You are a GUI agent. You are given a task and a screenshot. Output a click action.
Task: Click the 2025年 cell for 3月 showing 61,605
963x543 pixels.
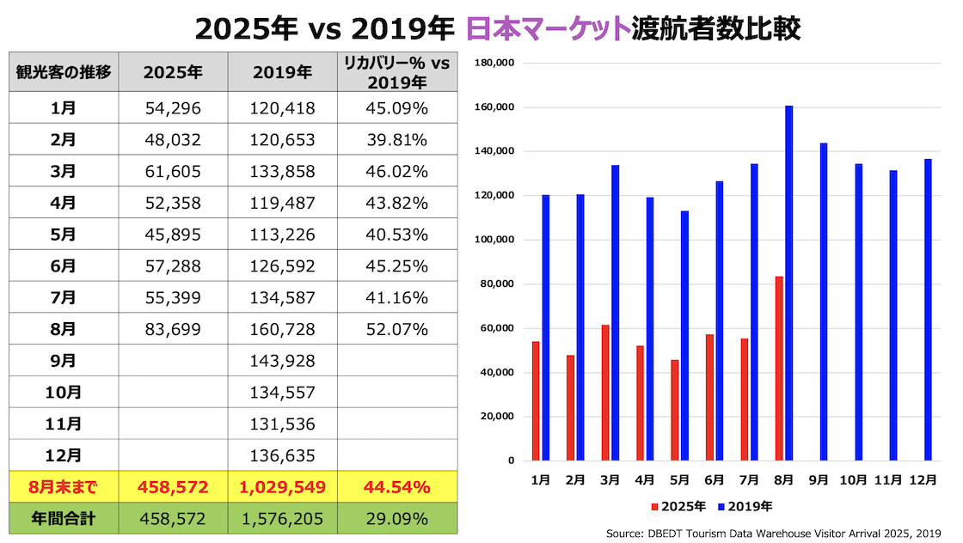click(x=173, y=172)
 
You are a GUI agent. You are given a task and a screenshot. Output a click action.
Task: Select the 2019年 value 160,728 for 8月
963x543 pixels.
click(x=283, y=329)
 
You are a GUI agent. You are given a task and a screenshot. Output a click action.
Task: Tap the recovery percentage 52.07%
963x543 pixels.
click(x=396, y=329)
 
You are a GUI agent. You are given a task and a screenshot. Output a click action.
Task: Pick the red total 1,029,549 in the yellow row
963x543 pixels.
click(x=283, y=488)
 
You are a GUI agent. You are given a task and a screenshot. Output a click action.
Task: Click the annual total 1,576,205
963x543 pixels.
click(x=283, y=519)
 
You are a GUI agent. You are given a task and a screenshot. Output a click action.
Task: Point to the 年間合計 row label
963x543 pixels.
click(x=64, y=519)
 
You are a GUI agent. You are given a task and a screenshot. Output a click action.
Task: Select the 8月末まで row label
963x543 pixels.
click(x=64, y=488)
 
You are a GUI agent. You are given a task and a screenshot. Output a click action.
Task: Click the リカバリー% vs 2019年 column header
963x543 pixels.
click(x=396, y=73)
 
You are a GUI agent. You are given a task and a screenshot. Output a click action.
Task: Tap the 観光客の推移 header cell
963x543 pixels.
click(x=64, y=73)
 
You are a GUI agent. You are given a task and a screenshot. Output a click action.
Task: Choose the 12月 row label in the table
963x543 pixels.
click(x=64, y=455)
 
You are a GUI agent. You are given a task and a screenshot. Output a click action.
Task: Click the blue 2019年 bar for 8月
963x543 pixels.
click(x=788, y=283)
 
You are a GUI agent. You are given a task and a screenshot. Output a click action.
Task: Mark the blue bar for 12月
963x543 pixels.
click(x=928, y=309)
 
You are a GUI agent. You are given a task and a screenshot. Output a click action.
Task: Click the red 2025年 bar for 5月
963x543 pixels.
click(x=674, y=410)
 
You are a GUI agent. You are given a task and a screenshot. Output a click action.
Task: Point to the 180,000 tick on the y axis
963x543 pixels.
click(x=494, y=63)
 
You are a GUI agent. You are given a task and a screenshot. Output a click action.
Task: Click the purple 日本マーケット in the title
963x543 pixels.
click(x=547, y=28)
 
